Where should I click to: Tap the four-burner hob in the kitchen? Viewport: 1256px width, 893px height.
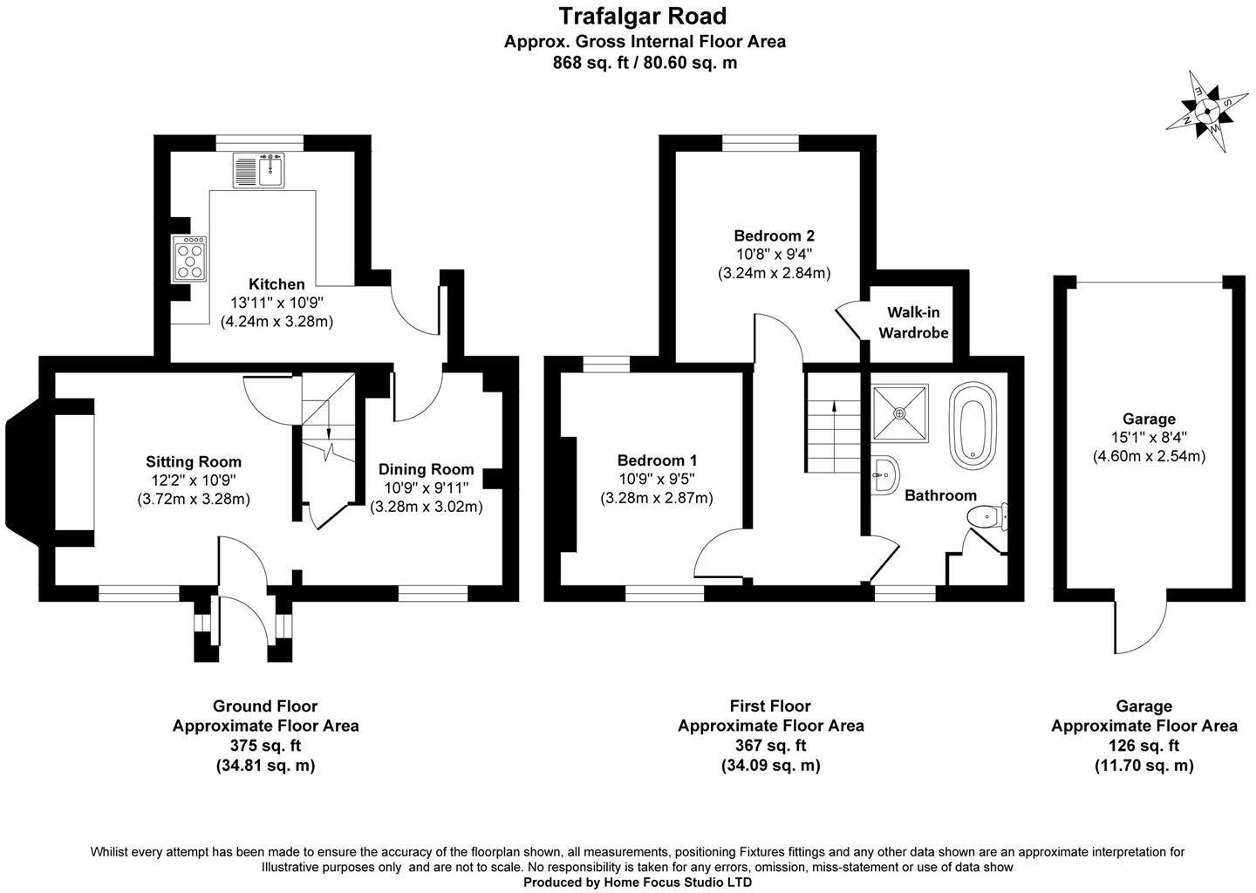(190, 259)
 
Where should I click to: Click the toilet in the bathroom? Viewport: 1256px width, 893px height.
(987, 517)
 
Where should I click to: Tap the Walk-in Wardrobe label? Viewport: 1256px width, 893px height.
(913, 322)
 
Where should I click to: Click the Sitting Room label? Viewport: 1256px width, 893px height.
(194, 461)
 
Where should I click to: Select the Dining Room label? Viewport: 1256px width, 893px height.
(427, 469)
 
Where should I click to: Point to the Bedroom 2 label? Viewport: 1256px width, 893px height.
(774, 235)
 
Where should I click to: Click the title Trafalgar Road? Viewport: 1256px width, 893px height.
(642, 16)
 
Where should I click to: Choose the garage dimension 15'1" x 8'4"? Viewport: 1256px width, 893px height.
(1149, 438)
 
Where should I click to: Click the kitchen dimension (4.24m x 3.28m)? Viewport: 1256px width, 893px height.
(276, 321)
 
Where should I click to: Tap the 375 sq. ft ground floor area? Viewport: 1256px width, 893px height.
(265, 746)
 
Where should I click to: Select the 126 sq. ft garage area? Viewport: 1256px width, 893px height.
(1143, 746)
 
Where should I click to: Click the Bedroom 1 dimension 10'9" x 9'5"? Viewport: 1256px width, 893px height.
(656, 479)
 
